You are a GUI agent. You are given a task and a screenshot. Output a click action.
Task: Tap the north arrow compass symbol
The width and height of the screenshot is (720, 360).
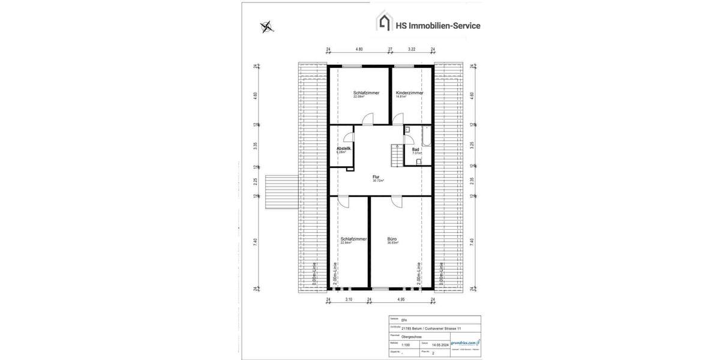click(x=266, y=26)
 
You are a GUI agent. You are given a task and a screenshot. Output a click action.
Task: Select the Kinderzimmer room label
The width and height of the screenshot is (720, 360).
click(x=409, y=93)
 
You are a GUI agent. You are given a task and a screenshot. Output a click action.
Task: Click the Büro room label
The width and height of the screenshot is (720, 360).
click(x=392, y=239)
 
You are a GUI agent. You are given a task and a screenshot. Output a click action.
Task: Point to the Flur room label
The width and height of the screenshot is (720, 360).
click(x=376, y=177)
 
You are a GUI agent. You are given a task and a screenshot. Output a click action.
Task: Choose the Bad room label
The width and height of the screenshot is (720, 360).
click(x=415, y=149)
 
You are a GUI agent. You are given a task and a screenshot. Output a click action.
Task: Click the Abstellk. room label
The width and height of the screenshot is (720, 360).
click(x=343, y=148)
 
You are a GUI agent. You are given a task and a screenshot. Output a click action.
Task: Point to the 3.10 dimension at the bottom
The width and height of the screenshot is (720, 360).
click(x=349, y=299)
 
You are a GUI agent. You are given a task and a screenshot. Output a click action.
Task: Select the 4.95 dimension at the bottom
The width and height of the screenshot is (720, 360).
click(x=401, y=299)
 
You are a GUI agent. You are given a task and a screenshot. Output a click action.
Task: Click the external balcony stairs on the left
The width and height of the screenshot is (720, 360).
click(x=281, y=191)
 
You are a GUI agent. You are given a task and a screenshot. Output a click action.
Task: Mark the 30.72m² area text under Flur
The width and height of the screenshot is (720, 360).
click(x=378, y=181)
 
